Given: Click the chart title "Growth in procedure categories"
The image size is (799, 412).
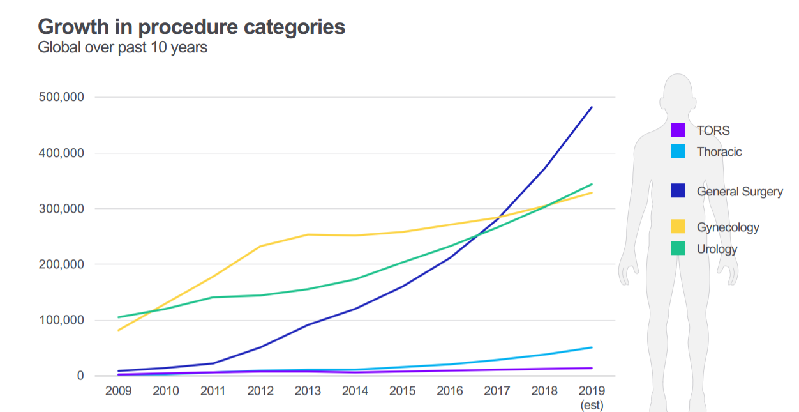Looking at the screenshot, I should [x=191, y=27].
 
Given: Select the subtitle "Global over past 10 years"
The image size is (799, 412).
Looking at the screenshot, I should [x=123, y=47].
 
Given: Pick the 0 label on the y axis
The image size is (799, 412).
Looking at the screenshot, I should [x=80, y=376].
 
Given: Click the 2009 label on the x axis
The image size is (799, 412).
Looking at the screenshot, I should [x=119, y=391].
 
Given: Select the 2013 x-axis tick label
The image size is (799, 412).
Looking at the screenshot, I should [x=308, y=391].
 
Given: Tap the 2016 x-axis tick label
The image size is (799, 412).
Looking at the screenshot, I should [x=450, y=391].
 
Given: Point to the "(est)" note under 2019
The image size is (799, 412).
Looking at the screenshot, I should [x=592, y=405].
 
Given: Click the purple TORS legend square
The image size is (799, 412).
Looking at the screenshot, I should [x=678, y=130].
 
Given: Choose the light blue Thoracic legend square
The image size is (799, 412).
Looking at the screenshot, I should [x=678, y=151].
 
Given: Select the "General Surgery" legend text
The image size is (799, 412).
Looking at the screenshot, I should [x=739, y=191].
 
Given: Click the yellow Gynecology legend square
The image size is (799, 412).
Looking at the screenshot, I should [x=678, y=227].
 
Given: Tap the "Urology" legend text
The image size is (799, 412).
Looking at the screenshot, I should [x=717, y=249].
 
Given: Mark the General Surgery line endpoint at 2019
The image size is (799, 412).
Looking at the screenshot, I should [x=592, y=107].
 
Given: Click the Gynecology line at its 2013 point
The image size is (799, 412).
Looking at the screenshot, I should [x=308, y=234].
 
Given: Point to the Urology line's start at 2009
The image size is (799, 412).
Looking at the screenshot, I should [x=119, y=317].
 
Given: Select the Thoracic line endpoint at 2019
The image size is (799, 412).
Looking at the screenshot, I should [x=592, y=347].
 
